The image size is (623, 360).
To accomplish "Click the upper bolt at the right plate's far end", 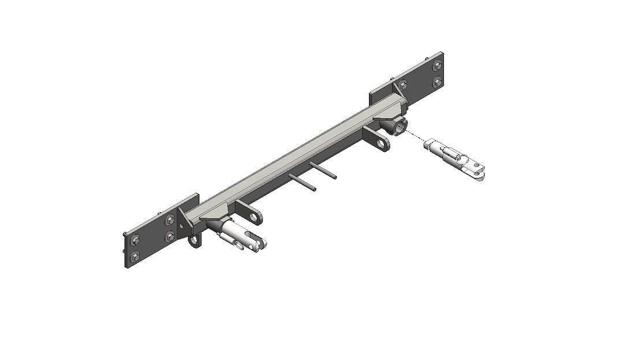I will point(437,64).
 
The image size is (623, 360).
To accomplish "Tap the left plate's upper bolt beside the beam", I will point(170,220).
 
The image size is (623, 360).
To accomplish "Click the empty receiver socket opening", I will point(398,126).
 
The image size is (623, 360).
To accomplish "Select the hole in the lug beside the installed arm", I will point(255,217).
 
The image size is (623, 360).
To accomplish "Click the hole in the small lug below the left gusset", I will point(195,239).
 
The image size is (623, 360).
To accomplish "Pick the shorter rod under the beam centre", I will point(324,168).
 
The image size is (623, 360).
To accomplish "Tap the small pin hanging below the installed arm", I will point(238,247).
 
